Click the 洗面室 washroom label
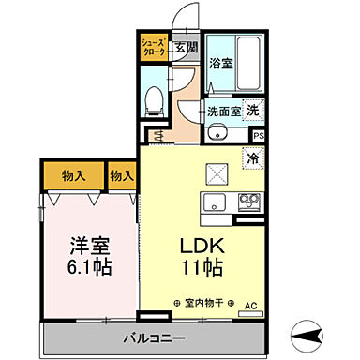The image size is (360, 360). pos(223,109)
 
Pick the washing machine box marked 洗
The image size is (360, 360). pos(253,108)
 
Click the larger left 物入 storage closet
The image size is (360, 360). pos(73,175)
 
